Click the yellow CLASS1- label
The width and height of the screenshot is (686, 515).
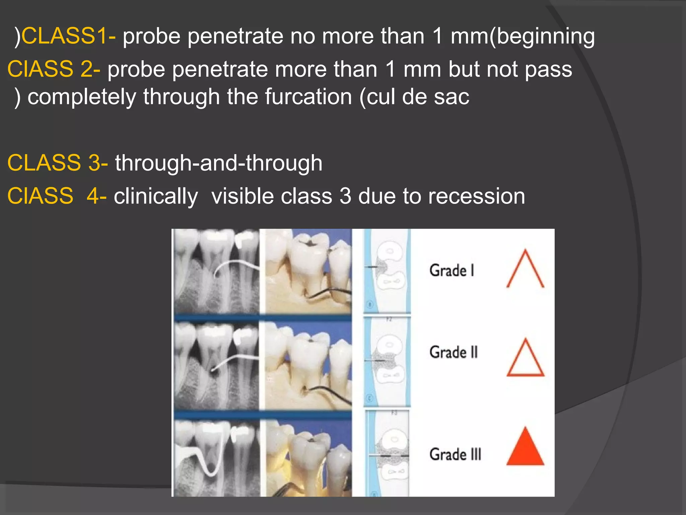point(68,36)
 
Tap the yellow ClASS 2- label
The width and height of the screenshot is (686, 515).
point(54,69)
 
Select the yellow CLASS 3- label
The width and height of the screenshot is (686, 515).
point(57,163)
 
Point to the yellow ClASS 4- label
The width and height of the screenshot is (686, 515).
point(57,196)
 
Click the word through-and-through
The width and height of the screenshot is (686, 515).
point(219,163)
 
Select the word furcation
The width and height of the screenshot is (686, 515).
point(308,97)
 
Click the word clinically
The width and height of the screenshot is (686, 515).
point(156,197)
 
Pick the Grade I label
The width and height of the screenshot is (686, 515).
point(452,271)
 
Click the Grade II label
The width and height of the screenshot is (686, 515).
point(454,352)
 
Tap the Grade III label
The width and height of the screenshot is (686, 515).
point(455,454)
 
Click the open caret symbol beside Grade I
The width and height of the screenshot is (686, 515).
point(525,269)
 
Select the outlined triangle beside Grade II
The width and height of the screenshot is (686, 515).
point(525,358)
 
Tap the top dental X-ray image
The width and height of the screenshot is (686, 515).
point(216,271)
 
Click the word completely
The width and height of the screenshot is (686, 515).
point(82,97)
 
